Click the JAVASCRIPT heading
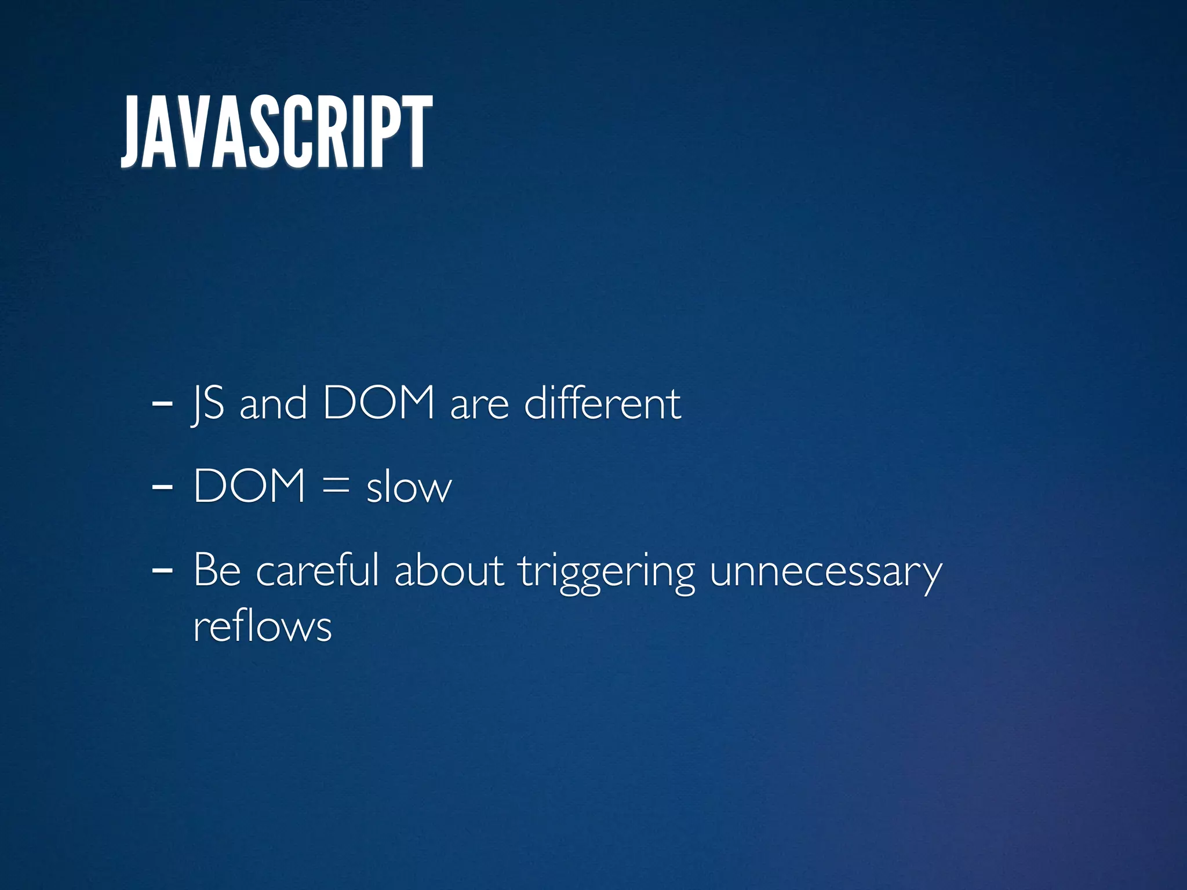pos(276,132)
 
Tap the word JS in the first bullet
pos(208,404)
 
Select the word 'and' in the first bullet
pos(273,404)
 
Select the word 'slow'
pos(409,487)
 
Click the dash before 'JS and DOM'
pos(162,404)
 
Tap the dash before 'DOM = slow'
pos(162,487)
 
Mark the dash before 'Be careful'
pos(162,570)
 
